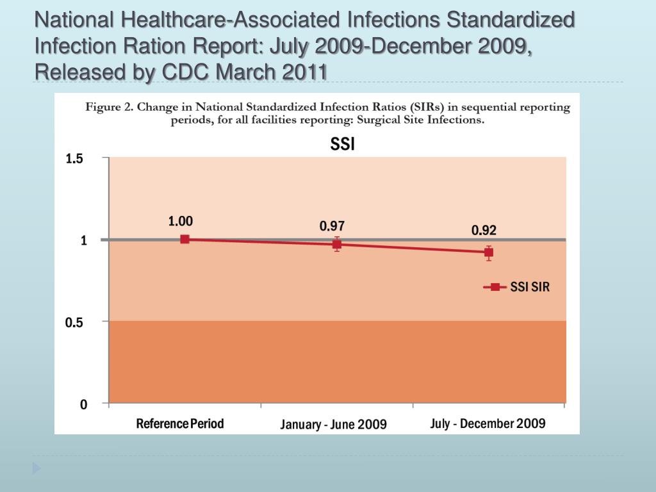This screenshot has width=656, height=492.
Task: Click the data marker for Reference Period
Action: [x=184, y=239]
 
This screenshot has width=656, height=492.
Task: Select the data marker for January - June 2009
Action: [x=337, y=244]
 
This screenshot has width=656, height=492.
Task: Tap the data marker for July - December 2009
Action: [x=489, y=252]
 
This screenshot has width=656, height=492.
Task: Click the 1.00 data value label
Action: [x=181, y=221]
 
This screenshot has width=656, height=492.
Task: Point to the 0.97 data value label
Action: [x=332, y=226]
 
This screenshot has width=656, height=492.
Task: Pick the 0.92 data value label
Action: [x=484, y=231]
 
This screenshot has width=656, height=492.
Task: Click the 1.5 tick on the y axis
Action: [x=74, y=160]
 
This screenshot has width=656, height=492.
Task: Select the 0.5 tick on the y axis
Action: [x=74, y=323]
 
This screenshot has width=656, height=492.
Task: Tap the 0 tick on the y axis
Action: [x=83, y=405]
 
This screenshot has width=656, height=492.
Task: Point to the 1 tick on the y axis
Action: [x=83, y=241]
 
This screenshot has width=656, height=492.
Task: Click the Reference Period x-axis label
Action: [x=180, y=423]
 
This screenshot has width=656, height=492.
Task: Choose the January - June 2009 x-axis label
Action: [x=333, y=425]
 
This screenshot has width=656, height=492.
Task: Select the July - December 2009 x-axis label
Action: [x=488, y=423]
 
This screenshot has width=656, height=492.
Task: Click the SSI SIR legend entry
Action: [x=516, y=287]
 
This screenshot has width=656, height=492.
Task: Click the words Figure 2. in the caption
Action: [x=108, y=107]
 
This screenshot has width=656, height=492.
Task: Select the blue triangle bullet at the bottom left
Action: [x=37, y=468]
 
